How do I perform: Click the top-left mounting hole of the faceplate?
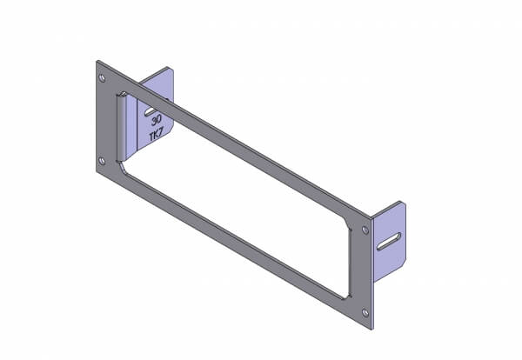pyautogui.click(x=104, y=79)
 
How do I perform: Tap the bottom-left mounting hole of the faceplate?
pyautogui.click(x=103, y=160)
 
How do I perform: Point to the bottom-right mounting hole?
pyautogui.click(x=365, y=311)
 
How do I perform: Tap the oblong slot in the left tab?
pyautogui.click(x=151, y=111)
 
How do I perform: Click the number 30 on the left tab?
pyautogui.click(x=155, y=124)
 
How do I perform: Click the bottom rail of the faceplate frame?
pyautogui.click(x=235, y=231)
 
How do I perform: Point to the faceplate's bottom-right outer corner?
pyautogui.click(x=374, y=328)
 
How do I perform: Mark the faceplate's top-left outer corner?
pyautogui.click(x=97, y=61)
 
